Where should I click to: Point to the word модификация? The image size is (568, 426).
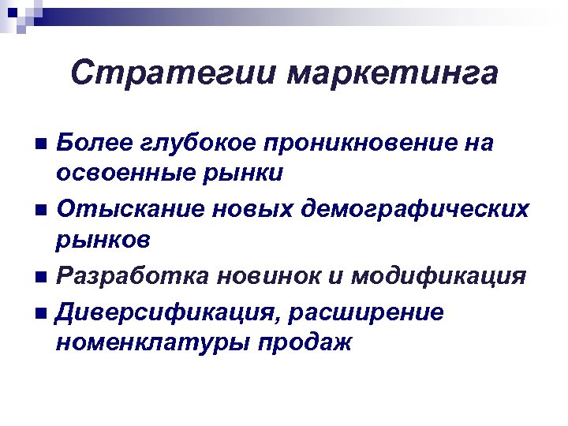click(438, 276)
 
